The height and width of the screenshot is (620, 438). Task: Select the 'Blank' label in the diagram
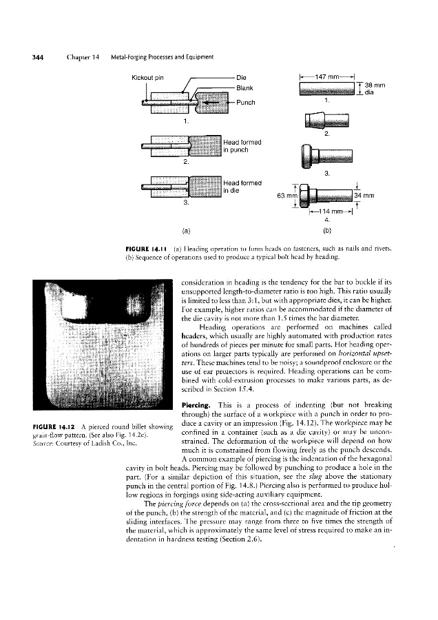tap(246, 87)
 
